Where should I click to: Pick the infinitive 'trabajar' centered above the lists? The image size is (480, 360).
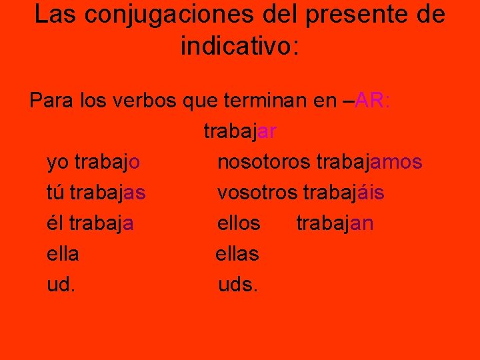point(240,131)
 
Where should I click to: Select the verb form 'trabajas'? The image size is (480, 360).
point(107,193)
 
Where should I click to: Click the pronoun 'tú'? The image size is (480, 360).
point(55,193)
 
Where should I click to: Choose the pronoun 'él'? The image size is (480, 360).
point(55,223)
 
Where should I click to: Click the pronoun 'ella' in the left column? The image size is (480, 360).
point(63,254)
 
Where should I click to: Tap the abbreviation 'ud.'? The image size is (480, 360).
point(61,285)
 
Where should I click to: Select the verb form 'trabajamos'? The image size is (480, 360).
point(369,162)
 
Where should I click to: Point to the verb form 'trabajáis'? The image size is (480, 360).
point(343,193)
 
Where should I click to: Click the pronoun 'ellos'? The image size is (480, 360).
point(239,223)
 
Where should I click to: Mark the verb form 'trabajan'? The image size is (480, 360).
point(335,223)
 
